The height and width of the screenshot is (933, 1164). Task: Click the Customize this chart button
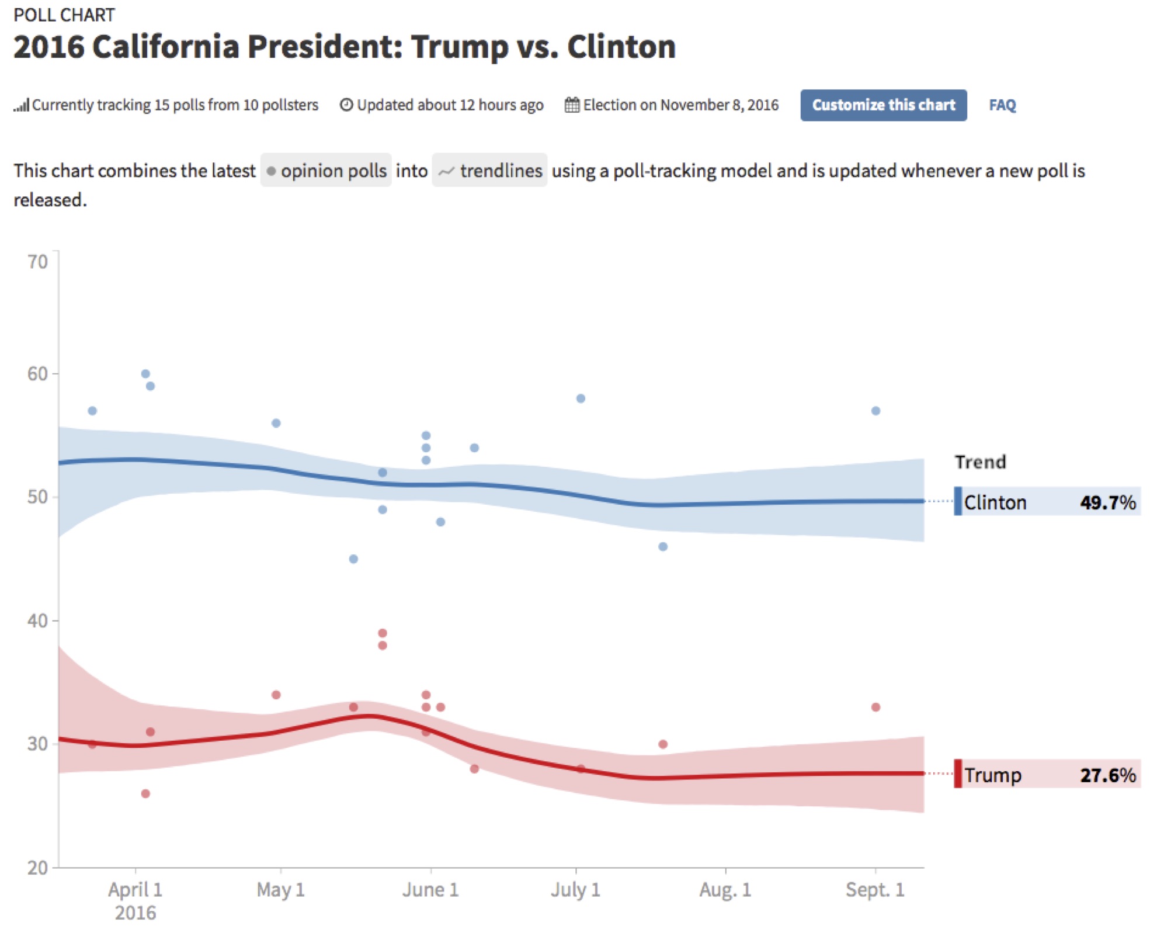point(882,105)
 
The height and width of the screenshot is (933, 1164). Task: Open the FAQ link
point(1002,105)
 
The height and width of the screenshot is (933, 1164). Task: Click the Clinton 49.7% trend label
point(1047,501)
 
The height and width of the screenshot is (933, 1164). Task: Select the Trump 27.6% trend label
point(1047,774)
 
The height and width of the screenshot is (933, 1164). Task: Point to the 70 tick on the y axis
point(38,262)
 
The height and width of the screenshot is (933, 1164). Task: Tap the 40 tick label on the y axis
point(38,620)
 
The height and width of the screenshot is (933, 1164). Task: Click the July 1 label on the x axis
point(575,889)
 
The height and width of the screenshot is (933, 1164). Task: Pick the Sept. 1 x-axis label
point(874,889)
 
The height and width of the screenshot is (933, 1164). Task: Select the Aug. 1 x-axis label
point(725,889)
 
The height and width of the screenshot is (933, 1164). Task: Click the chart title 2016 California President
point(345,47)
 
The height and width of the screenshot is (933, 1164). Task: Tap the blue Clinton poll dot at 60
point(145,374)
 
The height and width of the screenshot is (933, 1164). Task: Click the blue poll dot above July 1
point(581,398)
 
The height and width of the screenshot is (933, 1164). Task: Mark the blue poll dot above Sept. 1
point(875,411)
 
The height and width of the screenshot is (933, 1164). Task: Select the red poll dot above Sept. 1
point(875,707)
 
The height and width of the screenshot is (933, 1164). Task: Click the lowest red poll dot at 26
point(145,793)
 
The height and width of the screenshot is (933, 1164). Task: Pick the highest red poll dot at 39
point(383,633)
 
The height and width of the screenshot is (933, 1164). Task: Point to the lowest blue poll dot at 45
point(353,559)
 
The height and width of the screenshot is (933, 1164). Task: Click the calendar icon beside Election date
point(572,105)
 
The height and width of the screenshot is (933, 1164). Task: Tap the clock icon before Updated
point(346,105)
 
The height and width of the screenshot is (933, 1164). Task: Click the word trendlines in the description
point(501,171)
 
